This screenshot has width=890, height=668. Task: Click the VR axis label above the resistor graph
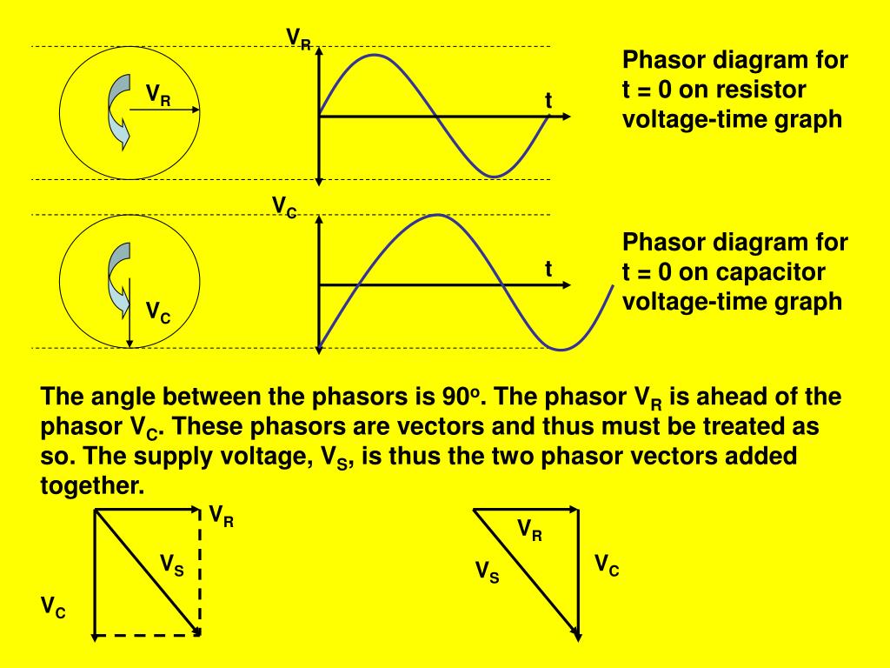[x=299, y=39]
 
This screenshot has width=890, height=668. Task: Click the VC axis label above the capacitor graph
[x=284, y=207]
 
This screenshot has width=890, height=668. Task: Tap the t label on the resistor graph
[x=548, y=101]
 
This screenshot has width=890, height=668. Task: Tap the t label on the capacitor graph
[x=548, y=270]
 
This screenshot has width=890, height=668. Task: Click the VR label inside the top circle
[x=157, y=94]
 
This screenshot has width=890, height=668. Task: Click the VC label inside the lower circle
[x=157, y=312]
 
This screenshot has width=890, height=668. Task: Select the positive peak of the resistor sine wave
[x=375, y=55]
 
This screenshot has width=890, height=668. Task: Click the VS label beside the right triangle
[x=487, y=572]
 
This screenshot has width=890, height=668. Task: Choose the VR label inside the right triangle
[x=529, y=529]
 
